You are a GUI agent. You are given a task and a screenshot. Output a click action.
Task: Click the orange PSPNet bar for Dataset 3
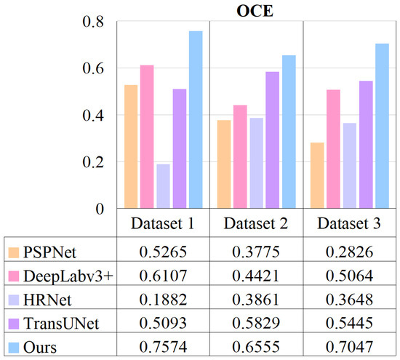317,175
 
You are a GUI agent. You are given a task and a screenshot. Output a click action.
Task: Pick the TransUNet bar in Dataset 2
273,140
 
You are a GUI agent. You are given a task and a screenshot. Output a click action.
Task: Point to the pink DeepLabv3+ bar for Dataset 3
333,149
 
